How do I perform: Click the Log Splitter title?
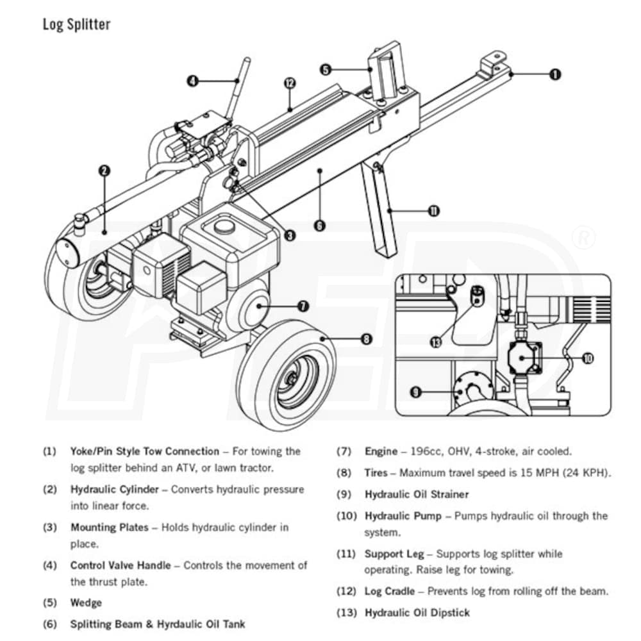(76, 25)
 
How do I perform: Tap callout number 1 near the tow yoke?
(555, 74)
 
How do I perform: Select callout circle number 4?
(192, 81)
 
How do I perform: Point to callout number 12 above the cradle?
(290, 83)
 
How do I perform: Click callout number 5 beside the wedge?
(326, 69)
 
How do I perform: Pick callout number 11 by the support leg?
(434, 211)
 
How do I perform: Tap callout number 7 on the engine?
(303, 306)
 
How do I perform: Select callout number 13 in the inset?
(437, 342)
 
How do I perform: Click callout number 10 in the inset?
(588, 358)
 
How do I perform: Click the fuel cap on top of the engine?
(224, 226)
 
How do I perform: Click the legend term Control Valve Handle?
(121, 565)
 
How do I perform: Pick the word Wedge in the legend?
(86, 603)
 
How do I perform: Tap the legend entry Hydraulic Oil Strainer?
(417, 495)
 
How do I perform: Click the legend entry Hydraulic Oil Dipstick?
(417, 613)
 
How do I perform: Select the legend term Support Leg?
(394, 554)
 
